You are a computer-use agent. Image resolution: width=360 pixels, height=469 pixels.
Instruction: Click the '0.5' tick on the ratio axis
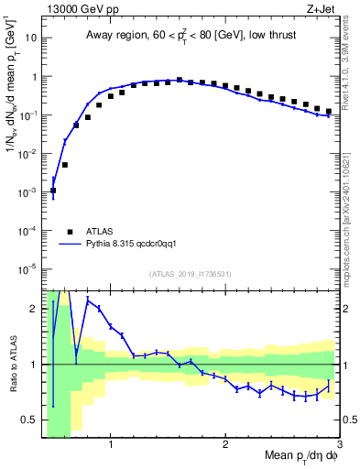tap(28, 420)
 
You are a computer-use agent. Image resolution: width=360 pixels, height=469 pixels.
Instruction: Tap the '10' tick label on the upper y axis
tap(31, 38)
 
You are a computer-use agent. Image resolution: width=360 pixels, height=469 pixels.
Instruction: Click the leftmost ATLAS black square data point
tap(53, 191)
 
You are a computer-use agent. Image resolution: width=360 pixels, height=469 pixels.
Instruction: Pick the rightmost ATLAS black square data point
tap(329, 112)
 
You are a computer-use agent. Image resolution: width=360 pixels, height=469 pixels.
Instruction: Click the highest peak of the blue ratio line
tap(88, 300)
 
